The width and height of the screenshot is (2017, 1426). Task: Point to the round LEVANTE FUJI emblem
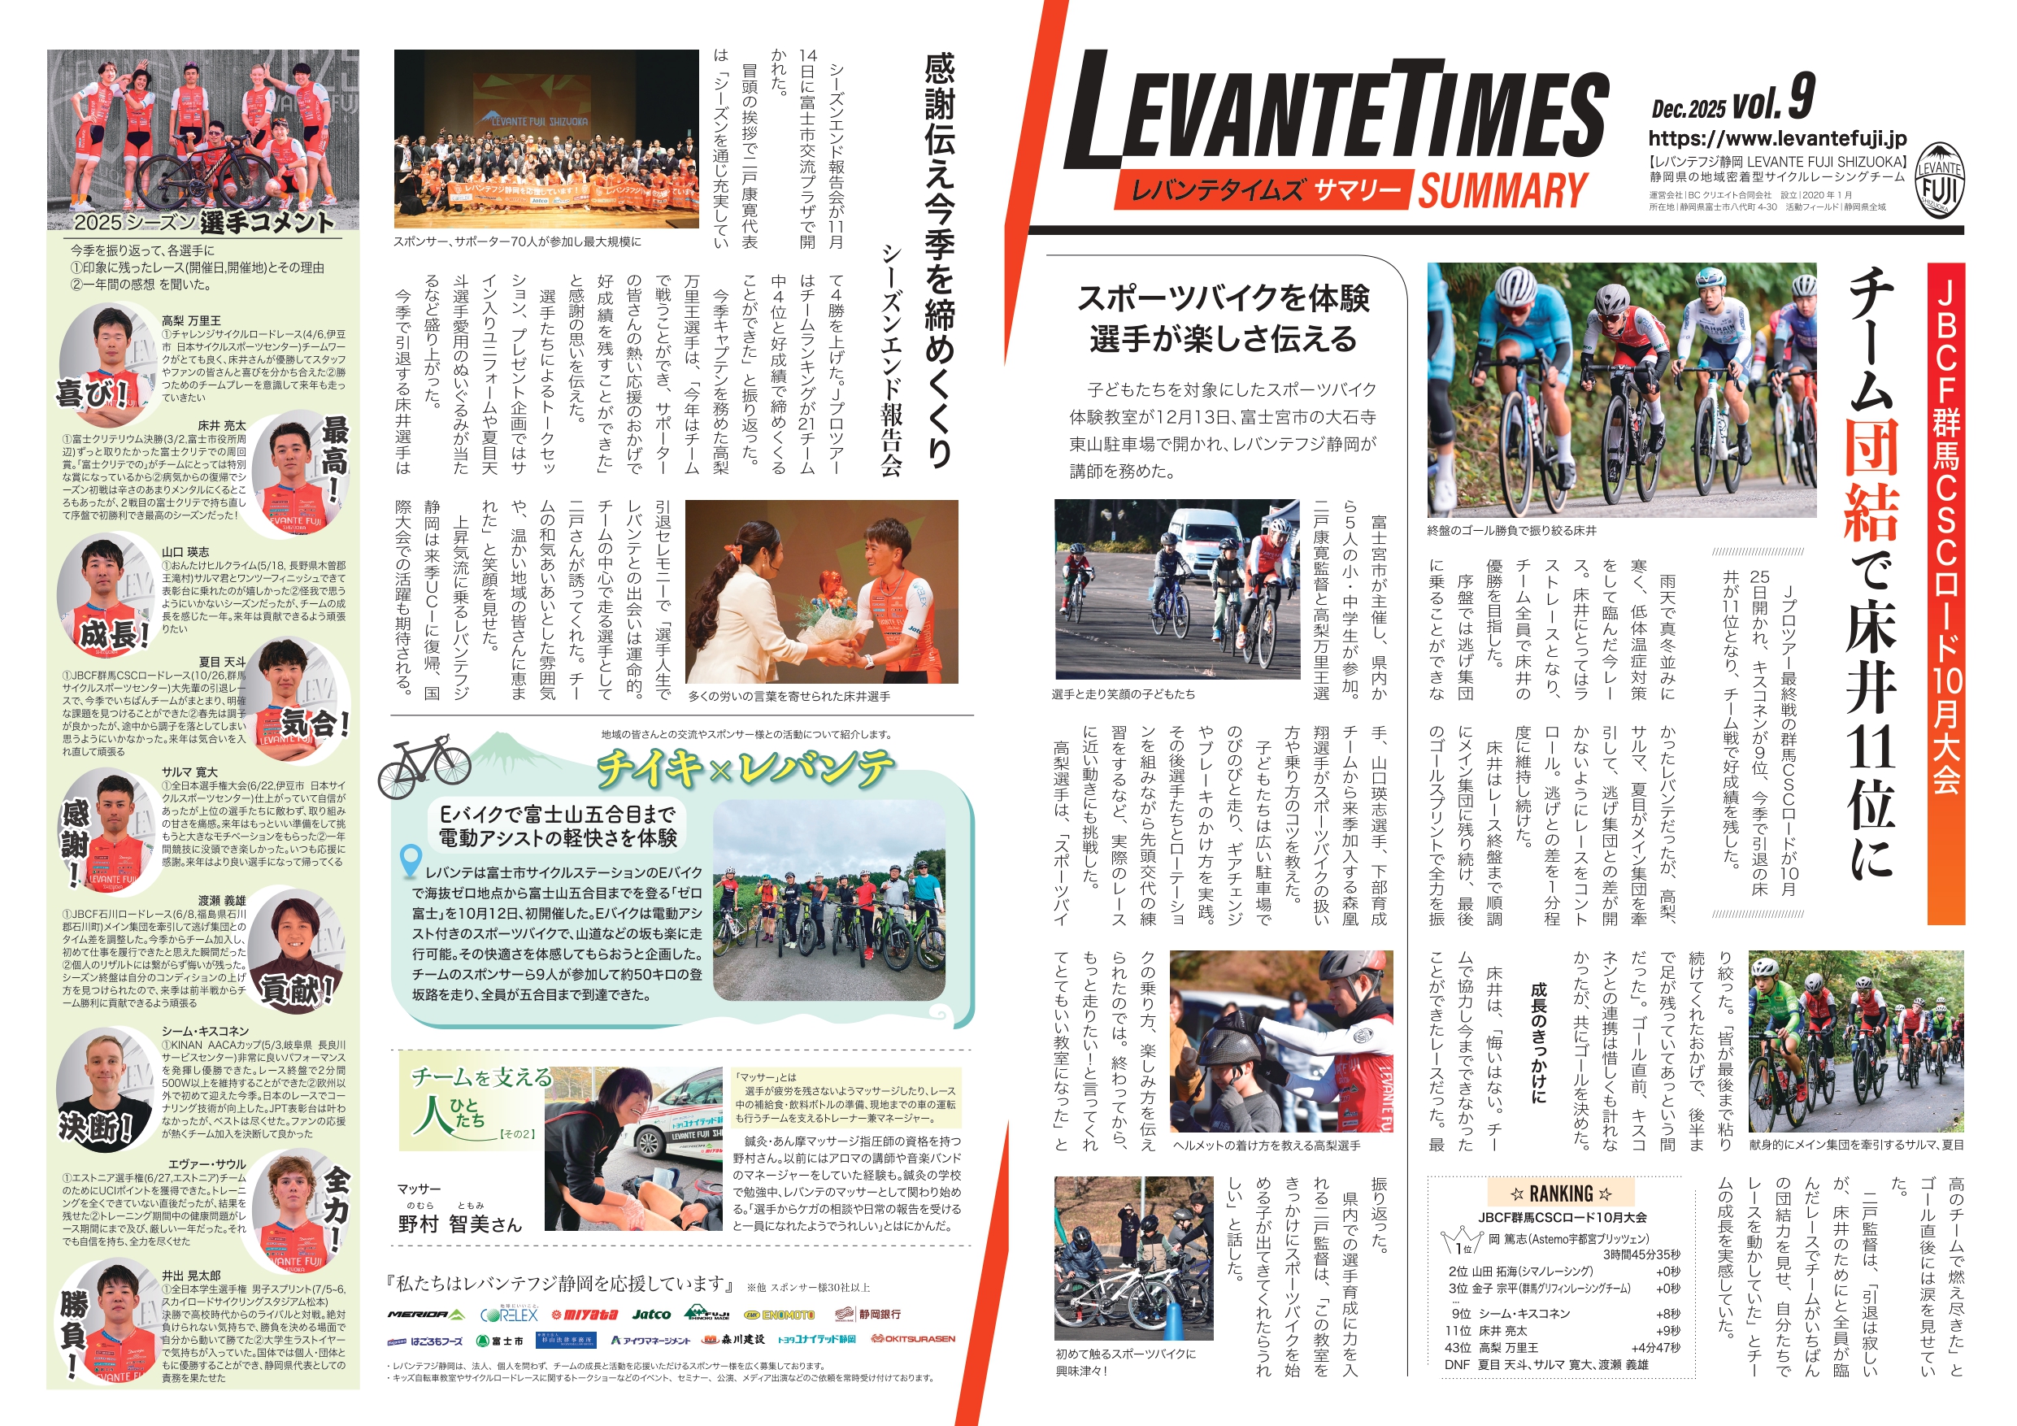[x=1940, y=180]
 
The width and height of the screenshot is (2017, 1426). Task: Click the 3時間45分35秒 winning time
[x=1641, y=1254]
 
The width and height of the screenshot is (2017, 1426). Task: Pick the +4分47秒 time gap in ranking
[x=1655, y=1348]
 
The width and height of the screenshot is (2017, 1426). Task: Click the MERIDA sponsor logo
[x=426, y=1315]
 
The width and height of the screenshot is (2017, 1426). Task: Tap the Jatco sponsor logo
[x=651, y=1315]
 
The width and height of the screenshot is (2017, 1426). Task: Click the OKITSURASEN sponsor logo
[x=913, y=1339]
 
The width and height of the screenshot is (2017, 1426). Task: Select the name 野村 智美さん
[x=459, y=1224]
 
